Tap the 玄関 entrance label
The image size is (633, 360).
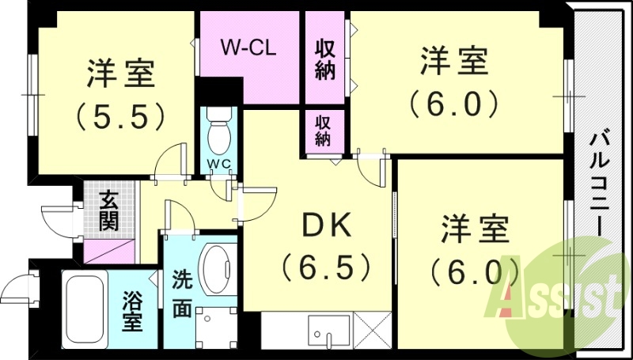(x=108, y=210)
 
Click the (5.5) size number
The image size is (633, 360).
(x=120, y=116)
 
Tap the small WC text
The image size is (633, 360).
(x=218, y=164)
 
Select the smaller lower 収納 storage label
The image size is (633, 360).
(x=323, y=130)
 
